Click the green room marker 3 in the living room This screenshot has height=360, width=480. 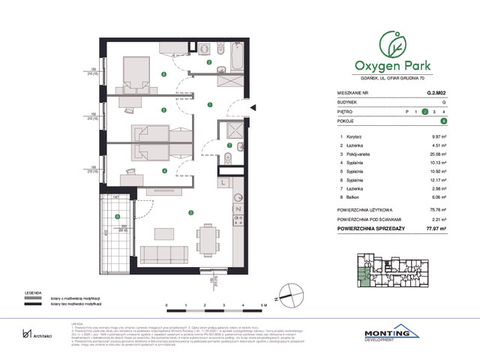190,213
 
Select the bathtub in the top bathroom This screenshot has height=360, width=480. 233,59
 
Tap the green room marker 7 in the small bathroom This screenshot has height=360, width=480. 229,145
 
